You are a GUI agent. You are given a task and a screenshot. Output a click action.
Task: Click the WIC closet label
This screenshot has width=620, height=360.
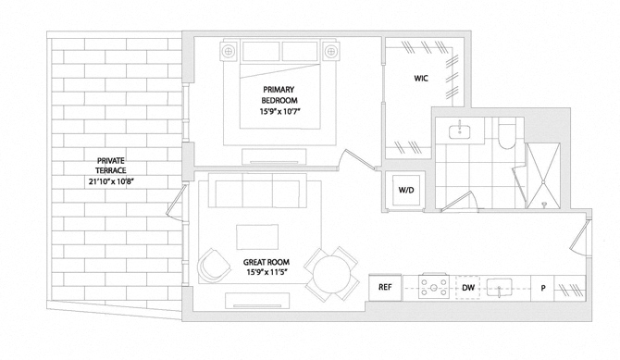pos(421,79)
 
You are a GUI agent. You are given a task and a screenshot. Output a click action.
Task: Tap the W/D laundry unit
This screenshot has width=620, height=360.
pos(406,190)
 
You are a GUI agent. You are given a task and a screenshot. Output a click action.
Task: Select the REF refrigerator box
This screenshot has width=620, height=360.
pos(385,287)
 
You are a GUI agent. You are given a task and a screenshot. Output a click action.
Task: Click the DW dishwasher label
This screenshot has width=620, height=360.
pos(468,288)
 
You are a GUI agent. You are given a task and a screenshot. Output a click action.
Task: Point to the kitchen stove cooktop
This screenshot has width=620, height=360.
pos(434,286)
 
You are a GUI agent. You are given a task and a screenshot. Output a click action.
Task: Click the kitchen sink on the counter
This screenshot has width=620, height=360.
pos(499,287)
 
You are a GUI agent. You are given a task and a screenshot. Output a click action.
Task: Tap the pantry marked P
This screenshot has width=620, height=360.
pos(543,288)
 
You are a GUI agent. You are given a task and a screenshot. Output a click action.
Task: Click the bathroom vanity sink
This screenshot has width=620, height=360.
pos(460,131)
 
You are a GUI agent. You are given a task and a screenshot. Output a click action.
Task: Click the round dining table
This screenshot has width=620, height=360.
pos(331,274)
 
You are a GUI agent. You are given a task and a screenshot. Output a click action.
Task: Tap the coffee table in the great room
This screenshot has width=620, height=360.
pos(257,237)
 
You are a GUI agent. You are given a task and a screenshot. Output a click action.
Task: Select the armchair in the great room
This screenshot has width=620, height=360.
pos(214,265)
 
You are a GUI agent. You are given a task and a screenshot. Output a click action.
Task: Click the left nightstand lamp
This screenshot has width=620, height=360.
pos(229,51)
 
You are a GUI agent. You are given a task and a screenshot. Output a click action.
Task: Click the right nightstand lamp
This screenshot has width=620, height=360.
pos(330,51)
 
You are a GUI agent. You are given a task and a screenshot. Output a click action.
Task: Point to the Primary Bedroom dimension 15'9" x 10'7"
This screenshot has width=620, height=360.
pos(280,112)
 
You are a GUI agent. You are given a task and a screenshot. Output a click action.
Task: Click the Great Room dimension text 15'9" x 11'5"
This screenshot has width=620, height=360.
pos(267,272)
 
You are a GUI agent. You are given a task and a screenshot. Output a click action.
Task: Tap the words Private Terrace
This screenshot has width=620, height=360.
pos(111,166)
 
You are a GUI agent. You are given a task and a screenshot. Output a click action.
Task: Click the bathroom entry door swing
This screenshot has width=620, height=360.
pos(461,201)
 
